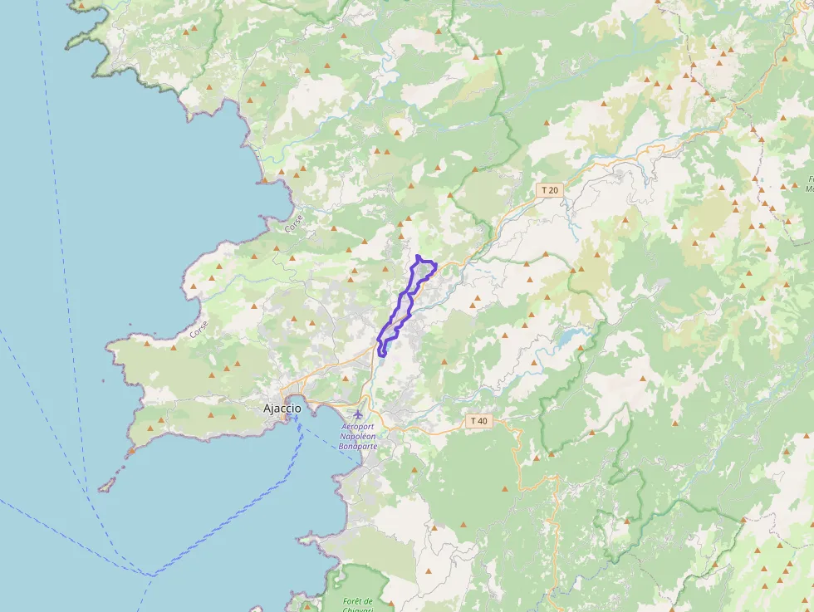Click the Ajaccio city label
pos(282,408)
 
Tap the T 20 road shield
pos(549,190)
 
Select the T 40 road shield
pos(478,421)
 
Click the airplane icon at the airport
pos(358,414)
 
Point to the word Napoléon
pos(358,436)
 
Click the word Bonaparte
pos(358,446)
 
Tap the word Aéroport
pos(358,427)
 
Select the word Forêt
pos(357,600)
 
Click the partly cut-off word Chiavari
pos(357,610)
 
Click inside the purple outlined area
pos(405,307)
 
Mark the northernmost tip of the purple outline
pos(417,256)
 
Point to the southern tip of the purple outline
pos(381,355)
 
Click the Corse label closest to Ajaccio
pos(198,329)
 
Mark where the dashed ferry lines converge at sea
pos(151,574)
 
